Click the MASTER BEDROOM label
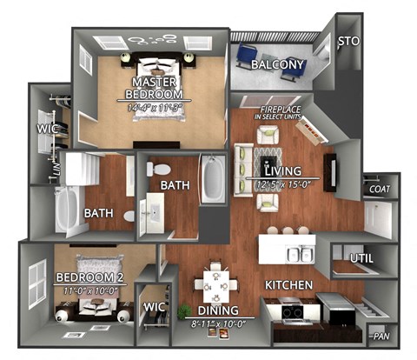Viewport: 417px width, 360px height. coord(154,88)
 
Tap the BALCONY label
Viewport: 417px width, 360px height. coord(277,64)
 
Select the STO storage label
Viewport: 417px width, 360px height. coord(347,41)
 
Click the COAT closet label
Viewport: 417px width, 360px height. coord(379,189)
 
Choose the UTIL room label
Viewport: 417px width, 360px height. coord(361,258)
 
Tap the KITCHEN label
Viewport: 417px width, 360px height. coord(290,284)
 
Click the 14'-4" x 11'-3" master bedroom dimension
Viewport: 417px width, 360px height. coord(154,108)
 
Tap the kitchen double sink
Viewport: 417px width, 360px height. coord(300,254)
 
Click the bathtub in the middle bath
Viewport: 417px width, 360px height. coord(213,178)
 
